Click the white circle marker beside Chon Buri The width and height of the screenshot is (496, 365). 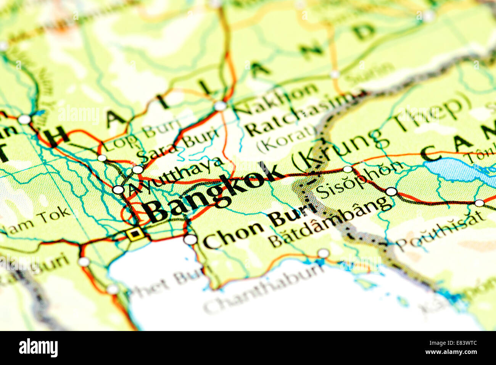(190, 240)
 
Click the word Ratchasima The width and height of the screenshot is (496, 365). (300, 115)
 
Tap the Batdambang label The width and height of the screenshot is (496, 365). (330, 222)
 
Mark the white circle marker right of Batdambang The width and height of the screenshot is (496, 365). (391, 192)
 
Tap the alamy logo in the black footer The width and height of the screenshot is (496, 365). (38, 348)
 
